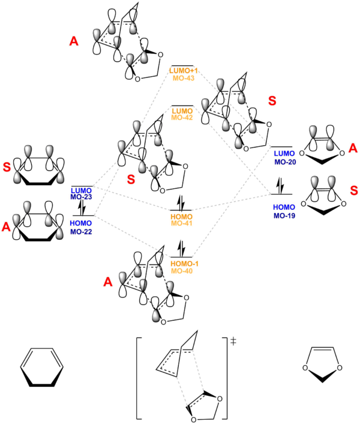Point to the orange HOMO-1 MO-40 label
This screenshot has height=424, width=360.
point(184,267)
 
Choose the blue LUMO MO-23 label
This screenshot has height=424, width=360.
point(81,193)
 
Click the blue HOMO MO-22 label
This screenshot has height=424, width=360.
point(81,227)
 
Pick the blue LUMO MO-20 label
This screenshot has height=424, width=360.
point(284,158)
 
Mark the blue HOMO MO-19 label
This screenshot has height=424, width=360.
point(284,211)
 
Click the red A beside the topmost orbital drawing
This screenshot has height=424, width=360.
point(74,41)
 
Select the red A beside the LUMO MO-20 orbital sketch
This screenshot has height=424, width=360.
point(353,148)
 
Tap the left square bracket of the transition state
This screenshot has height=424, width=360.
point(139,378)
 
